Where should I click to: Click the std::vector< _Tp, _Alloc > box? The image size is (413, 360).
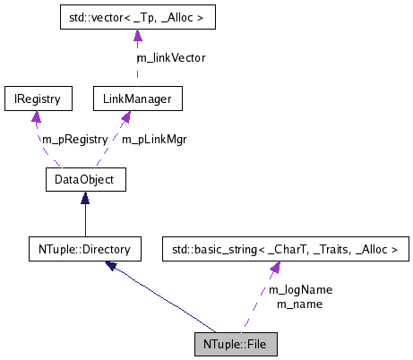136,17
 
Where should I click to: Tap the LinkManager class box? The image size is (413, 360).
138,98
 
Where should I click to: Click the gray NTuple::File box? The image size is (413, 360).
237,343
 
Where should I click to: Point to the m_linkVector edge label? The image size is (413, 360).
170,57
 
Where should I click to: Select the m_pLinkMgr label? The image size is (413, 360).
153,139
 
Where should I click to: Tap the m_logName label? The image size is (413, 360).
300,289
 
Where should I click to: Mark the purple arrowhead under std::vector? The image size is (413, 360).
136,36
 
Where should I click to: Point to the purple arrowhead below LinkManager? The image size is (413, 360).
126,117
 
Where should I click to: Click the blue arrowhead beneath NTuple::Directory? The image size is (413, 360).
111,266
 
